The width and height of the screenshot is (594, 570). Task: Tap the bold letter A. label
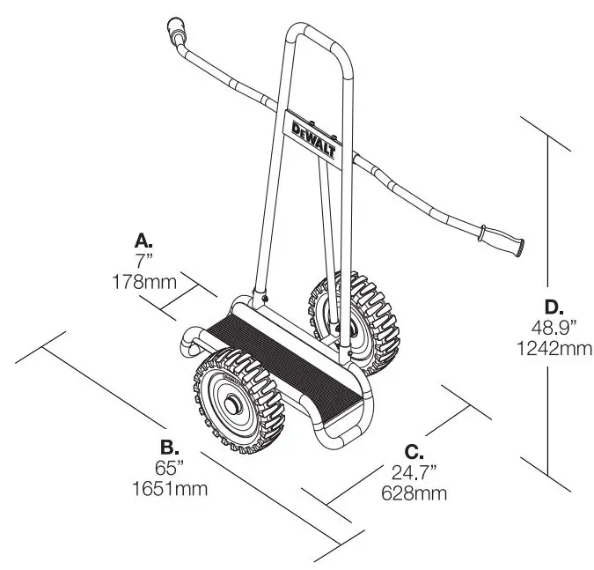tap(143, 239)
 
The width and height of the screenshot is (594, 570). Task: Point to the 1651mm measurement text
tap(172, 487)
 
